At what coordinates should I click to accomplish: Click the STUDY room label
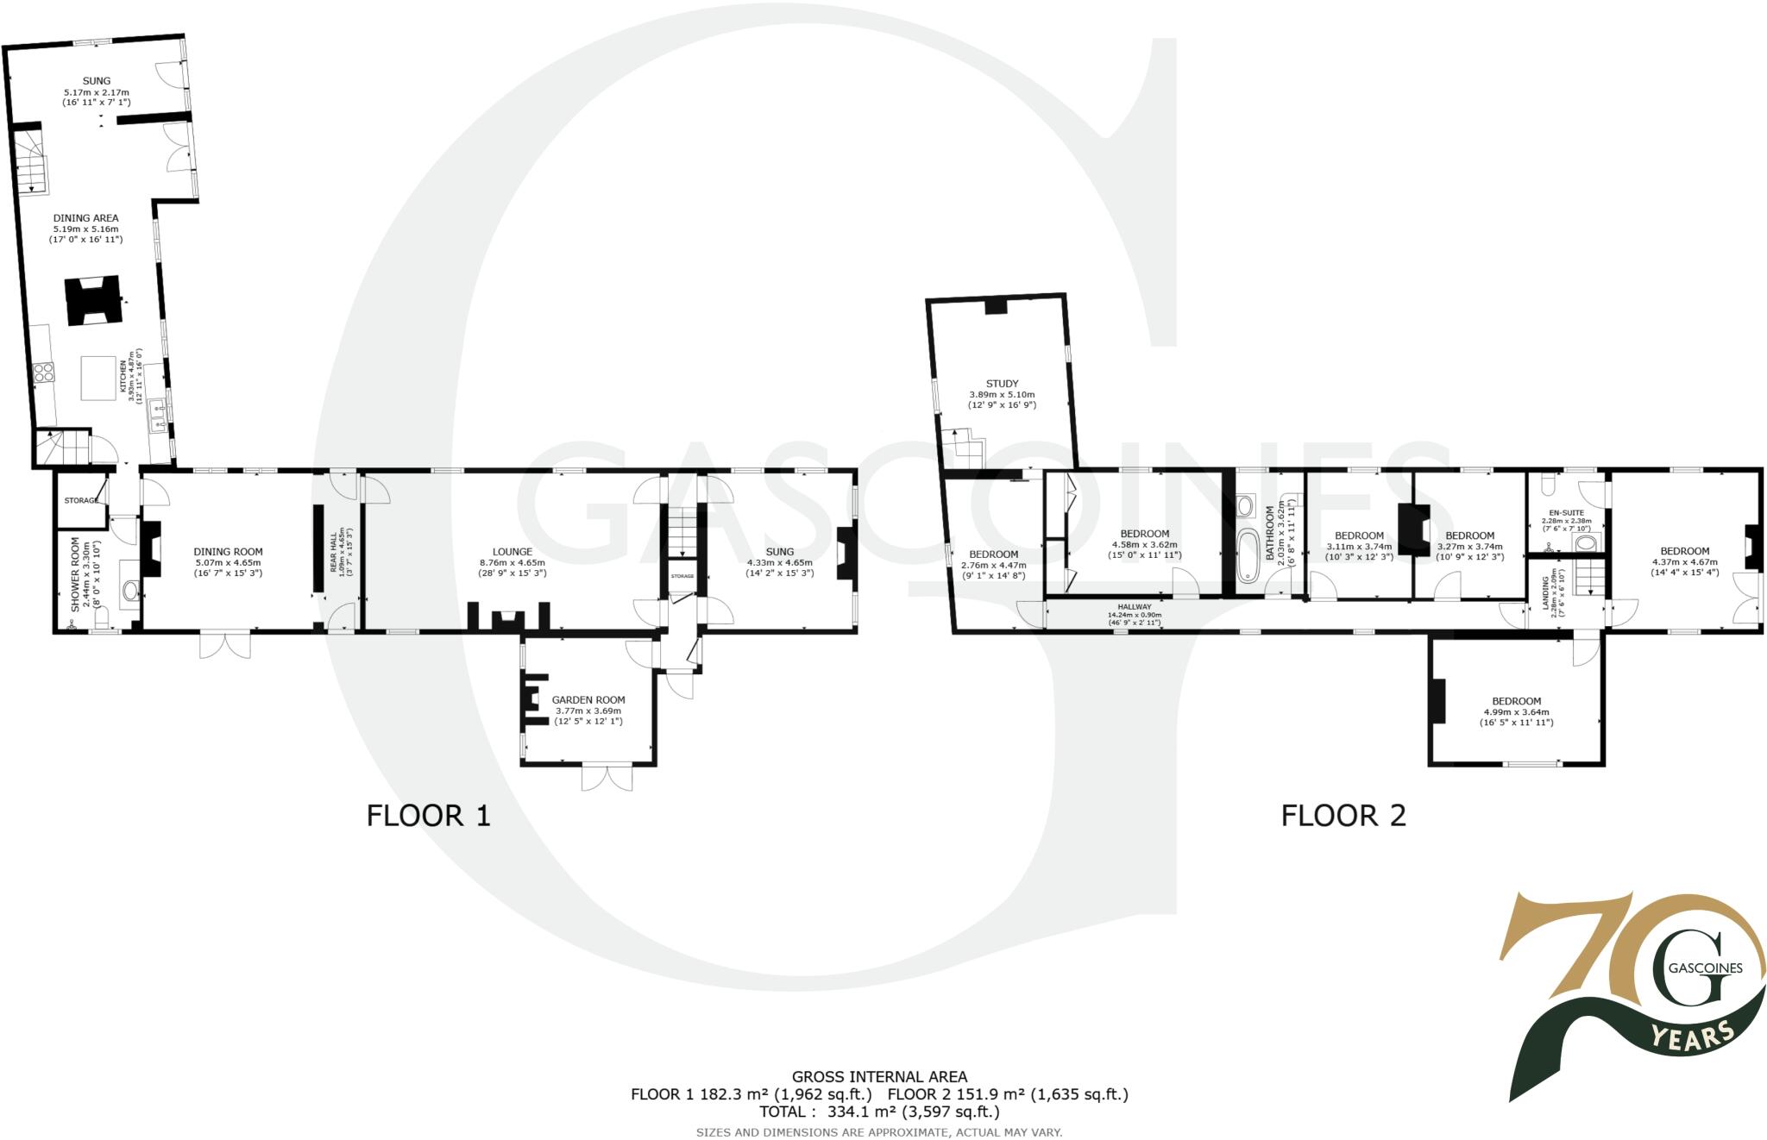pos(1002,384)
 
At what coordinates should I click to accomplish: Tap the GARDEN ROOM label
pos(588,700)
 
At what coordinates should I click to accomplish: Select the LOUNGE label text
pos(512,552)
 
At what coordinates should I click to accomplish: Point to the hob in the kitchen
pos(44,372)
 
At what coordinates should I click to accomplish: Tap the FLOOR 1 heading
pos(428,815)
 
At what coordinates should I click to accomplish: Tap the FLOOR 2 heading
pos(1343,815)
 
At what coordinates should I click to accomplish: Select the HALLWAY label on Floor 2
pos(1134,607)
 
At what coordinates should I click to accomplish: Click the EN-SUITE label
pos(1567,512)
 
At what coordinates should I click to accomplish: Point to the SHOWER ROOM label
pos(75,575)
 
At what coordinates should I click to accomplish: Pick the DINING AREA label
pos(86,218)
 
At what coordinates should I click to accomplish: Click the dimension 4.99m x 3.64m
pos(1516,712)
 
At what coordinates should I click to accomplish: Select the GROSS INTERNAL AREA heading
pos(879,1076)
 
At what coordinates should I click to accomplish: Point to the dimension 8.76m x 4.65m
pos(512,562)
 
